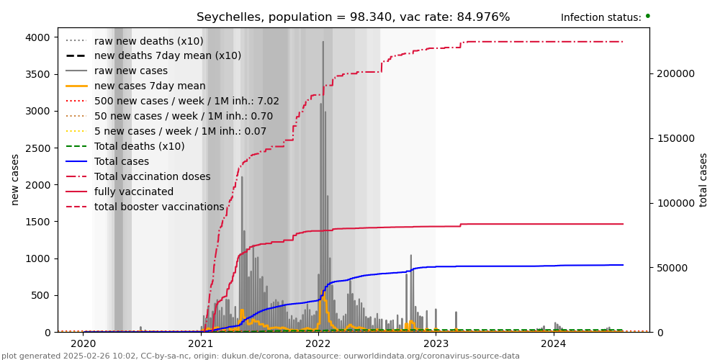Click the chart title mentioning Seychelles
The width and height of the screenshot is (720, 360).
pos(353,17)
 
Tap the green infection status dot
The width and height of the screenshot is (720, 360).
pos(647,16)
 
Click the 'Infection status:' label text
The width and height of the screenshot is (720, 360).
pos(600,18)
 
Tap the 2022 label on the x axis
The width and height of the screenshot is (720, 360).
pos(318,343)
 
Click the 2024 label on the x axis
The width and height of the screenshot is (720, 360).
pos(554,343)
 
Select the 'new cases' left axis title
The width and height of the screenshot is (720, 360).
pos(15,179)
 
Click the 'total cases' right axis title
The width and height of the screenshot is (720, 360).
pos(704,179)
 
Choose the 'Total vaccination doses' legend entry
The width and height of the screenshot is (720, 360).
pos(152,176)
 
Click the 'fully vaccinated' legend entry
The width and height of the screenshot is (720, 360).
pos(133,192)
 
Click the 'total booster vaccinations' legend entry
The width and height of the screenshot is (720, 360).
pos(159,207)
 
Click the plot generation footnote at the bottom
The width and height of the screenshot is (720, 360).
pos(261,356)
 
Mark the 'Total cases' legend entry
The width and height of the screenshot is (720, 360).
pos(121,161)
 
